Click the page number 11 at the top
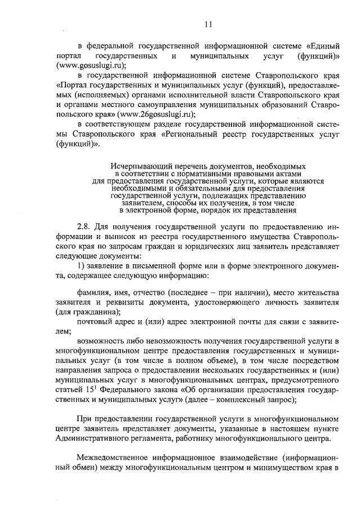click(x=208, y=24)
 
